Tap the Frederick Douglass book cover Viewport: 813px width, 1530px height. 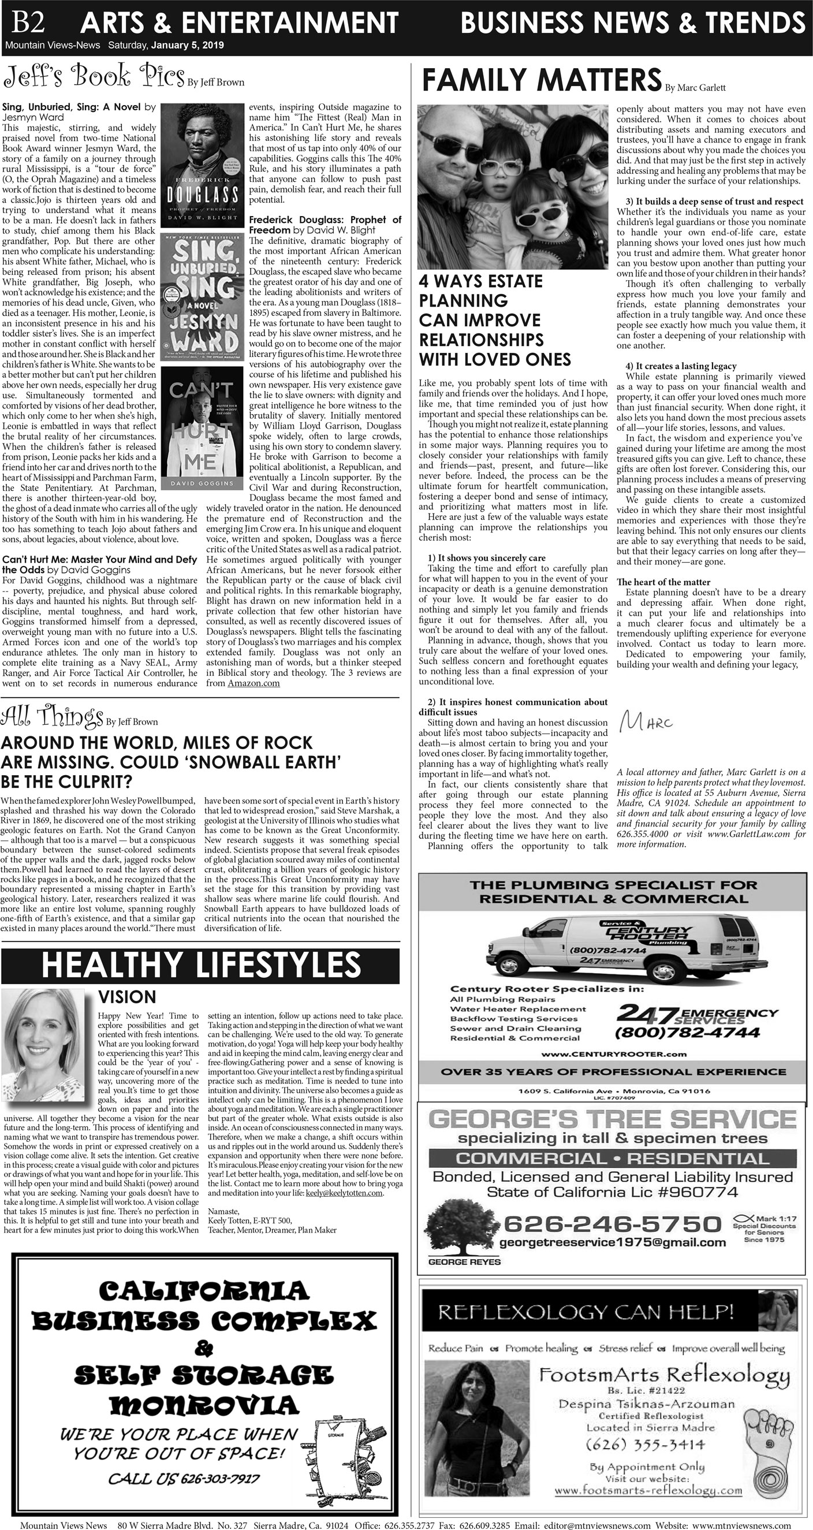point(202,166)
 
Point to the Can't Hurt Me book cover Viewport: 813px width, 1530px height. point(202,427)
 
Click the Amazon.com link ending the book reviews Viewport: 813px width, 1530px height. point(253,683)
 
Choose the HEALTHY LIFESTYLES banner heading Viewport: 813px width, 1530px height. point(201,965)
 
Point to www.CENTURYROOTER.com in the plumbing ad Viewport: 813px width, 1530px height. point(613,1053)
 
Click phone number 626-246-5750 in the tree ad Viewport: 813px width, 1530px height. point(611,1223)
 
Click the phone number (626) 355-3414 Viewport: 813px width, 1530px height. point(645,1444)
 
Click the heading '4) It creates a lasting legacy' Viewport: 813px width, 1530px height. point(681,366)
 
